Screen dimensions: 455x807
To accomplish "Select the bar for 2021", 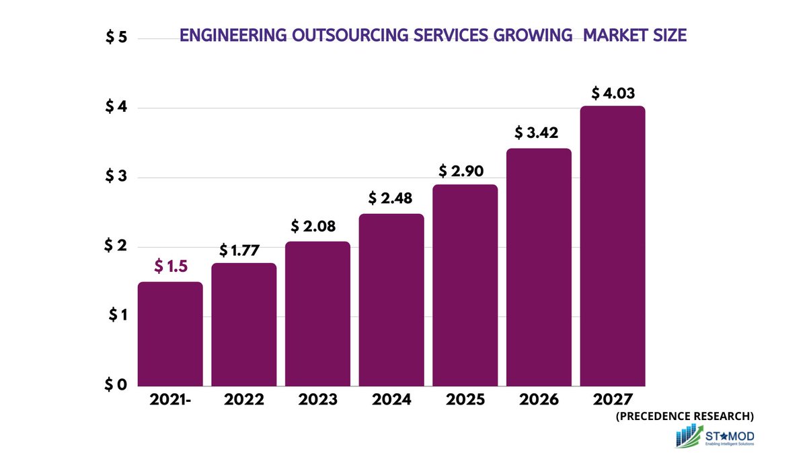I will pos(170,334).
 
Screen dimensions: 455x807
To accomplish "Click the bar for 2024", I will pos(391,300).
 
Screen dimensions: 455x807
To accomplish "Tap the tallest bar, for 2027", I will pos(613,246).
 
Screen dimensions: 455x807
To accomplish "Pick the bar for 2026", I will pos(539,267).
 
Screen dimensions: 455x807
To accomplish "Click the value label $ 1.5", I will pos(169,267).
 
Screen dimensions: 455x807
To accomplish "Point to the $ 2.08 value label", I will pos(317,225).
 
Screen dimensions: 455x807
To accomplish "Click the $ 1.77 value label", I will pos(243,250).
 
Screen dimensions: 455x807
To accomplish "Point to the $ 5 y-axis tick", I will pos(116,38).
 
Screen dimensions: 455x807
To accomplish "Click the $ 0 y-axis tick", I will pos(116,385).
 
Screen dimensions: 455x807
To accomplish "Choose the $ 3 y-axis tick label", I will pos(116,178).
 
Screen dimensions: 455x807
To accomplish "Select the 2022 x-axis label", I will pos(243,400).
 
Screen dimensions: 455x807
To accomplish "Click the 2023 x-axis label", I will pos(317,400).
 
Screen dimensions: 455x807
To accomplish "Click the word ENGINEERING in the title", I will pos(231,36).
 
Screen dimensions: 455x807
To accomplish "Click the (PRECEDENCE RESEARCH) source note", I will pos(684,416).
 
